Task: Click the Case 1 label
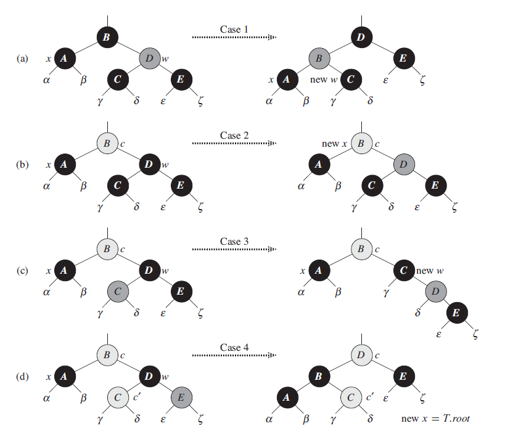234,29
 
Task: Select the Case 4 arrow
234,356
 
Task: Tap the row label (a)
23,59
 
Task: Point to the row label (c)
23,271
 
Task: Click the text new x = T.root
435,419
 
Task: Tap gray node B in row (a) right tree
319,59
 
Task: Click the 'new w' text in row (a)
322,80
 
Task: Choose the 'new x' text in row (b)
335,144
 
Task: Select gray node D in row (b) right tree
403,165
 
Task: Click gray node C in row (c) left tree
117,291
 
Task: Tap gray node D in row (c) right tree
435,291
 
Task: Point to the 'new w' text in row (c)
429,271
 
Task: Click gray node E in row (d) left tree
181,397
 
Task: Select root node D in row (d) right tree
361,355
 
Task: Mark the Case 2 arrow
234,144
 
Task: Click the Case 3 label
234,241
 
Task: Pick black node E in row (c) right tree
456,313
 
